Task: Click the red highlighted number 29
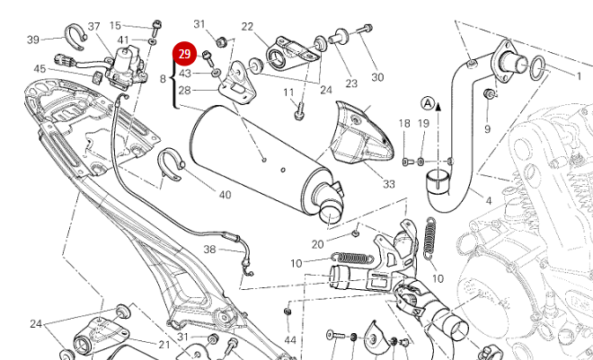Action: pyautogui.click(x=185, y=55)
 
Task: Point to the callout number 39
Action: pyautogui.click(x=33, y=40)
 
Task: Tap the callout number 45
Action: pyautogui.click(x=40, y=69)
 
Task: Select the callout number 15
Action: pyautogui.click(x=115, y=25)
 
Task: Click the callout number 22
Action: pyautogui.click(x=247, y=27)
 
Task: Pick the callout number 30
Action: pyautogui.click(x=377, y=77)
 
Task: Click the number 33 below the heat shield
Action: pyautogui.click(x=388, y=184)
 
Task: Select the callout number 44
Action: pyautogui.click(x=289, y=340)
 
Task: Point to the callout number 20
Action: pyautogui.click(x=317, y=244)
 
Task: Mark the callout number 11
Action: pyautogui.click(x=288, y=92)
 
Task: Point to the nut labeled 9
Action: pyautogui.click(x=488, y=95)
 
